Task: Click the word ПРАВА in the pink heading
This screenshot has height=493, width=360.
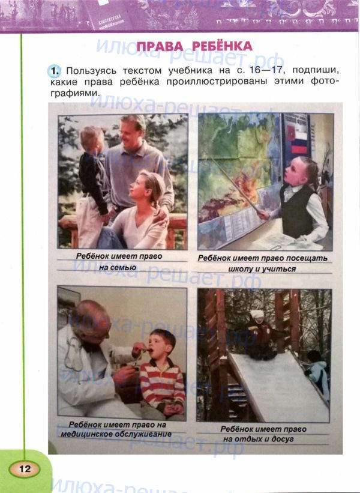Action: tap(160, 46)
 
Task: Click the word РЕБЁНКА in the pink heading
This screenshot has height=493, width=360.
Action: tap(222, 46)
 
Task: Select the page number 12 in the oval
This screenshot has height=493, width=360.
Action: tap(25, 469)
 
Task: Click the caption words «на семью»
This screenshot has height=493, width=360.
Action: tap(118, 268)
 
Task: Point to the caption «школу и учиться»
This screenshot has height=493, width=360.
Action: tap(262, 269)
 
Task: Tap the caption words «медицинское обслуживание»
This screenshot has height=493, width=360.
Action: tap(116, 434)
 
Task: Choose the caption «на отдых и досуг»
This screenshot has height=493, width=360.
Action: tap(259, 439)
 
